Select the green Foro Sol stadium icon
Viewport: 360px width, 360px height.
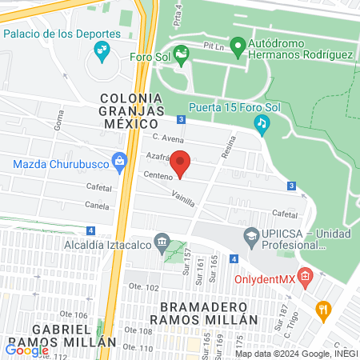coord(182,57)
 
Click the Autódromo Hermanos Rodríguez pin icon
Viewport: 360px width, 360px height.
coord(238,47)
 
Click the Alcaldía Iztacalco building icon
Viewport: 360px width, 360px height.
coord(162,242)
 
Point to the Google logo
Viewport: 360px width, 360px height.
coord(27,349)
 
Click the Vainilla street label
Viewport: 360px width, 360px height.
coord(182,197)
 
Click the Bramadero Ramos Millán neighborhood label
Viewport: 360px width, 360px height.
coord(208,313)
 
